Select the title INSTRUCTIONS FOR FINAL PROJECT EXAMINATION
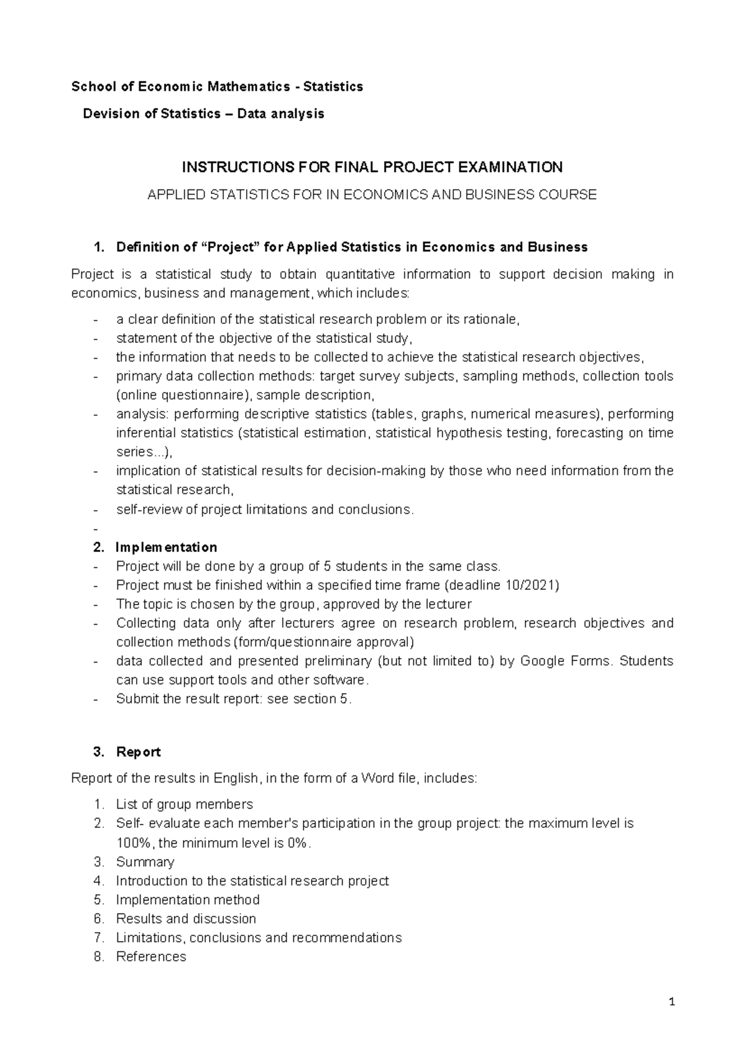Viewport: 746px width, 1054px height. point(372,167)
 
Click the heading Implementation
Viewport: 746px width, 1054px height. point(166,548)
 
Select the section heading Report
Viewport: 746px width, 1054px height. point(138,752)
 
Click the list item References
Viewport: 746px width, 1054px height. point(151,957)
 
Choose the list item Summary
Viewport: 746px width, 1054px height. point(145,862)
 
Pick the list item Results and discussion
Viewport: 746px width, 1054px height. point(186,919)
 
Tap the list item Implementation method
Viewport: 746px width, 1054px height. point(188,900)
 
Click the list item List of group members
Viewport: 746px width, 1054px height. point(184,805)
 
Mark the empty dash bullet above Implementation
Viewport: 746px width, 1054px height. point(94,529)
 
